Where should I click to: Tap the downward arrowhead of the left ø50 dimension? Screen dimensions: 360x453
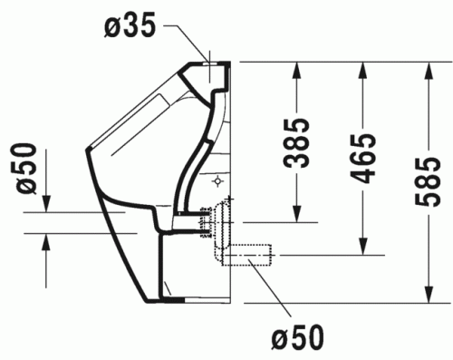[x=47, y=204]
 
